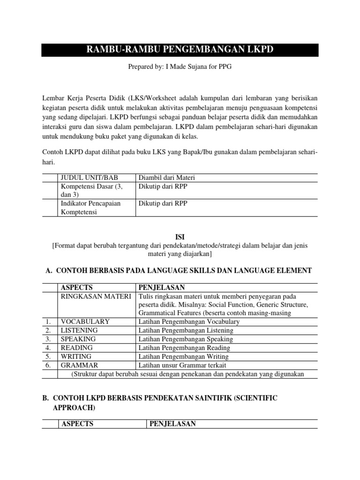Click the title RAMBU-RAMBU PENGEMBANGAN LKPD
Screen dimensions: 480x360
coord(180,50)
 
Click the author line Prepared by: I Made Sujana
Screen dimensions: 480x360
coord(180,67)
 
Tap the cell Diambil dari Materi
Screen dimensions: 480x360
coord(166,178)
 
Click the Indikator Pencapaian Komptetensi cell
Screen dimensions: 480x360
coord(90,207)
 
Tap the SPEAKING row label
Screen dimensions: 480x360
coord(78,339)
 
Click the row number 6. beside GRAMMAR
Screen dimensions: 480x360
coord(48,365)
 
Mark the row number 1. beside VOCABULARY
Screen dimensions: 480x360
coord(48,322)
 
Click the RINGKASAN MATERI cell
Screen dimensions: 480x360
coord(95,296)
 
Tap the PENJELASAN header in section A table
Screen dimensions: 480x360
coord(161,287)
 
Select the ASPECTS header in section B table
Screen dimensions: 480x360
coord(77,424)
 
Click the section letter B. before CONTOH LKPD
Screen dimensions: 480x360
coord(45,398)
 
